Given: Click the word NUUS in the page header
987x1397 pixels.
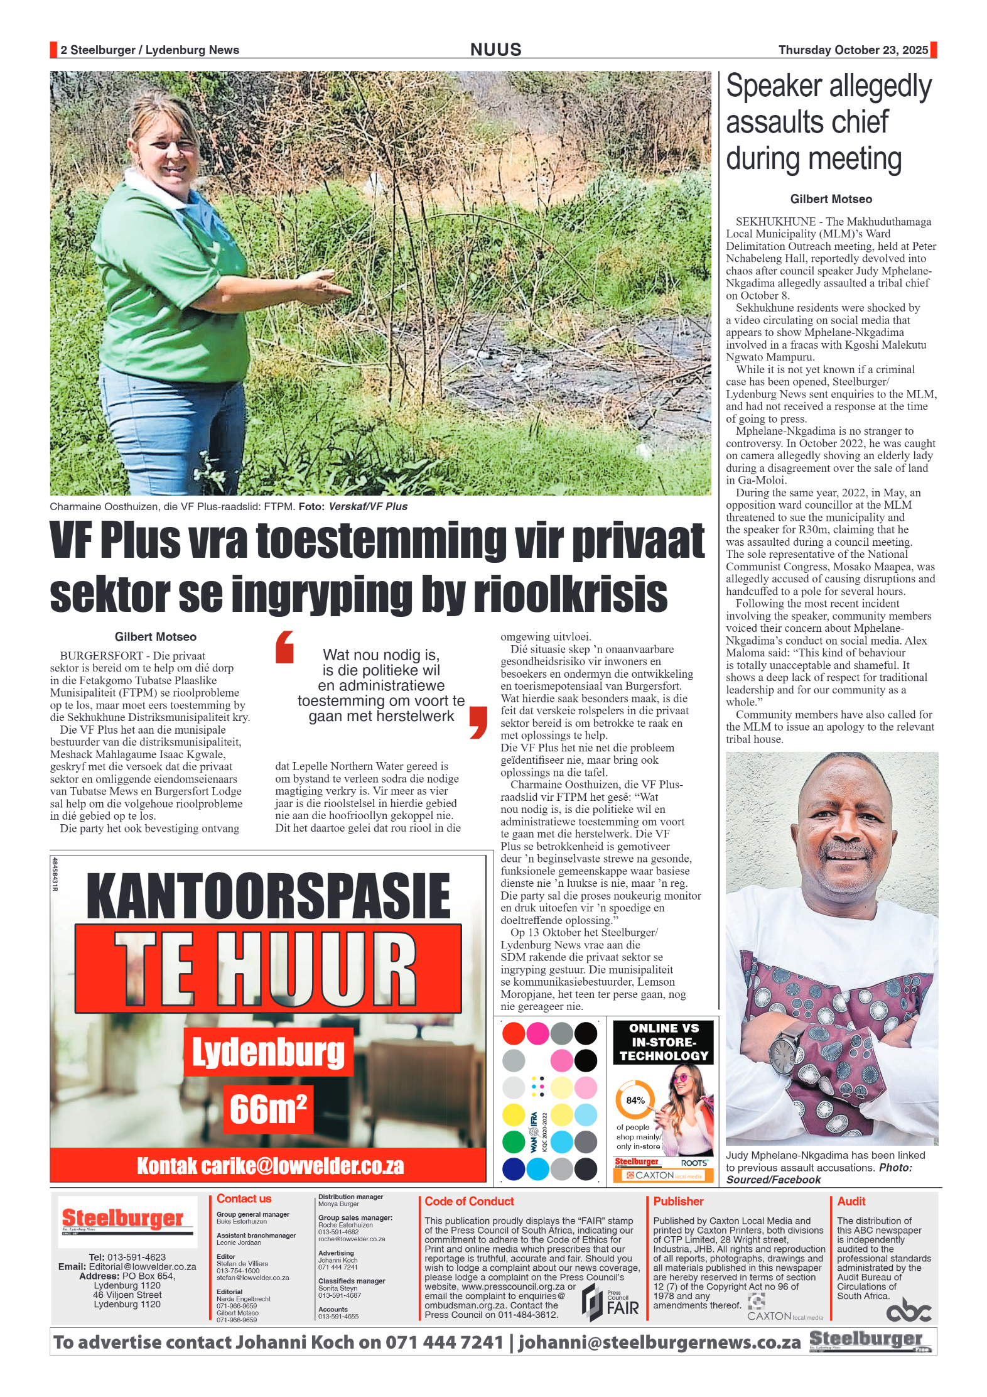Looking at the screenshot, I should click(495, 50).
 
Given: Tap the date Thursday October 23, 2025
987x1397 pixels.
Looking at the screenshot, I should click(853, 50).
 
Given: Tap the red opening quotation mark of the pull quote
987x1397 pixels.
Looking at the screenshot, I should click(285, 647).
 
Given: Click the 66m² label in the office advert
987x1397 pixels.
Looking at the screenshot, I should click(268, 1109).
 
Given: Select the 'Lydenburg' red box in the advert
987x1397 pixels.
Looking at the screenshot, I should click(268, 1052).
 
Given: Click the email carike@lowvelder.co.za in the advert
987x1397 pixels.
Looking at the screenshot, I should click(270, 1166).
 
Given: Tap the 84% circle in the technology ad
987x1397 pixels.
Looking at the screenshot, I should click(635, 1100).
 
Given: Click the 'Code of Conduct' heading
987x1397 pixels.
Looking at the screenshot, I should click(469, 1201).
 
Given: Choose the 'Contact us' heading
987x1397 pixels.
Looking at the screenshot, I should click(244, 1199).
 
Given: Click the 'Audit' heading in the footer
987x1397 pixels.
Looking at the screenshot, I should click(851, 1201).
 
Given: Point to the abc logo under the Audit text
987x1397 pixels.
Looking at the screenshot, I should click(908, 1311).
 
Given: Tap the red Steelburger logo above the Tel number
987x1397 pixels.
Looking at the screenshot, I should click(123, 1218).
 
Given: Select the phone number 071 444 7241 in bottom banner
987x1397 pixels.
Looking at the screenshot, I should click(444, 1342).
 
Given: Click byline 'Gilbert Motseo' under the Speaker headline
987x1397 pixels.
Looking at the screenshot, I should click(831, 199).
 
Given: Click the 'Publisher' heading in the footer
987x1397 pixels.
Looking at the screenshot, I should click(678, 1201).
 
